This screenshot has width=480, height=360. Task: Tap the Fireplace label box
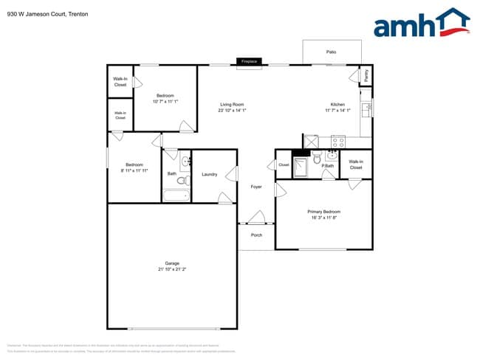click(249, 61)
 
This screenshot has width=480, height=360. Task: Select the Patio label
click(332, 52)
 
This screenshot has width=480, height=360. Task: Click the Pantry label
click(365, 75)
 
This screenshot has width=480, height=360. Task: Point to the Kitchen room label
click(337, 105)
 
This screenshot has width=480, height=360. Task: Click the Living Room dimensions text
click(233, 111)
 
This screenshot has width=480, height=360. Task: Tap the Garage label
click(172, 263)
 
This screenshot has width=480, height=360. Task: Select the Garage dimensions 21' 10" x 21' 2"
click(172, 269)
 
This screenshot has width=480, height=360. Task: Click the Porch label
click(256, 235)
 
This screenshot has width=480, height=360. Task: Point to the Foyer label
click(256, 187)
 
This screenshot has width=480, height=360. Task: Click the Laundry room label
click(209, 174)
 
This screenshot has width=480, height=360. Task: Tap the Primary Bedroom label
click(324, 212)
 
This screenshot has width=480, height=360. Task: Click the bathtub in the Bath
click(176, 195)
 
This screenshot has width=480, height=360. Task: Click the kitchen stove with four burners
click(338, 141)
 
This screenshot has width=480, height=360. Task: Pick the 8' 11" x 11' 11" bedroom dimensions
click(134, 170)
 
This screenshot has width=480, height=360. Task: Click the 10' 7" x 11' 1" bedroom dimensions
click(165, 101)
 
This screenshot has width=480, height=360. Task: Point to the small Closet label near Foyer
click(284, 165)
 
